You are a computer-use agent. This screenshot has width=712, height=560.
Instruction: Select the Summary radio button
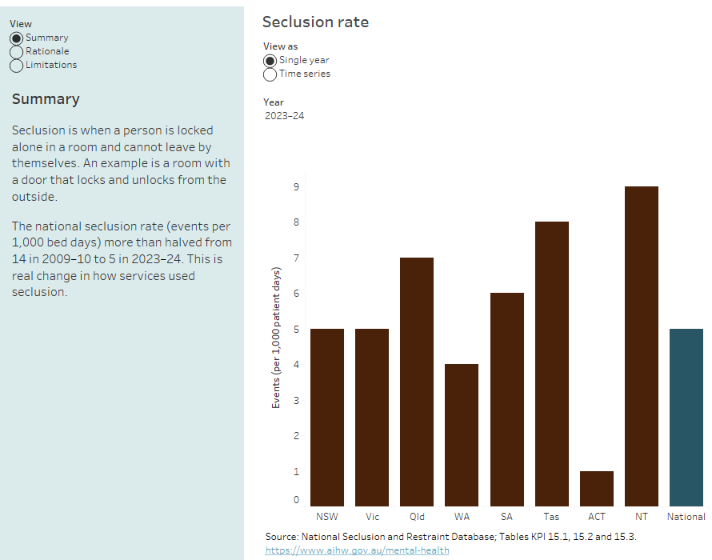[x=16, y=38]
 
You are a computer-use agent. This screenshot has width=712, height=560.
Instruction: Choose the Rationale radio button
[x=16, y=51]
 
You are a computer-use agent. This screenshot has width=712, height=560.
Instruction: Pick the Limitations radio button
[x=16, y=65]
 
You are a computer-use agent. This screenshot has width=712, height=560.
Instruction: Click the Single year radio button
[x=270, y=60]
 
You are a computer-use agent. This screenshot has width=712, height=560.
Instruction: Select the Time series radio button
[x=270, y=74]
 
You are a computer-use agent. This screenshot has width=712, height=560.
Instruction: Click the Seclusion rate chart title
[x=315, y=22]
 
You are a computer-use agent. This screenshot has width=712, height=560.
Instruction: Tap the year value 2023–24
[x=284, y=116]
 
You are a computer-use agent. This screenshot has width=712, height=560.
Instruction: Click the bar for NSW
[x=327, y=417]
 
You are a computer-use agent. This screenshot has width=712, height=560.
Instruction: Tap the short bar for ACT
[x=597, y=488]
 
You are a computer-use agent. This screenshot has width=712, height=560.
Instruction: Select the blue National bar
[x=686, y=417]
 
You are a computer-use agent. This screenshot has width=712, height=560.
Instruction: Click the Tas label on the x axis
[x=551, y=517]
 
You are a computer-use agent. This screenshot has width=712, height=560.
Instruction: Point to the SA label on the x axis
[x=506, y=517]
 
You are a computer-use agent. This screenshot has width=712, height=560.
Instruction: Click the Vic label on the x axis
[x=372, y=517]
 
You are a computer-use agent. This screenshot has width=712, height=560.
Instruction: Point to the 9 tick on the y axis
[x=296, y=187]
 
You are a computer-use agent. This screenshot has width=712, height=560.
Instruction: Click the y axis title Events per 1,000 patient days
[x=276, y=338]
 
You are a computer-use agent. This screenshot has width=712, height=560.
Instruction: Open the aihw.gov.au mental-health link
[x=357, y=550]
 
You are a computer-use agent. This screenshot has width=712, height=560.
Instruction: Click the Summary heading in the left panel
[x=46, y=99]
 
